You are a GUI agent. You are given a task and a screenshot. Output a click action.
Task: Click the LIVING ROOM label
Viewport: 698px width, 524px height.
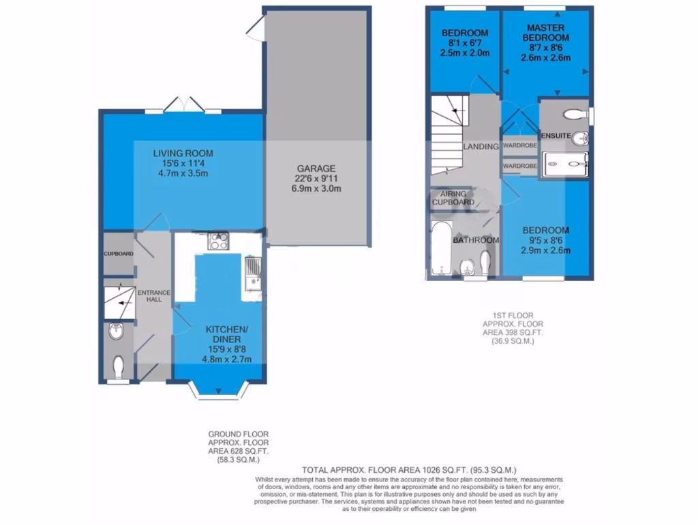pyautogui.click(x=183, y=153)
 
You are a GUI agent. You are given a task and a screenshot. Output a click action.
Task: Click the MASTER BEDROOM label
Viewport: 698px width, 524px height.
pyautogui.click(x=545, y=32)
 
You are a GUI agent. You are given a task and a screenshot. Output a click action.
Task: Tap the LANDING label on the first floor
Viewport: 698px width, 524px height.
pyautogui.click(x=481, y=147)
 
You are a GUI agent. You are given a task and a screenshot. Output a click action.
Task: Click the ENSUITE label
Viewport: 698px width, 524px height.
pyautogui.click(x=556, y=136)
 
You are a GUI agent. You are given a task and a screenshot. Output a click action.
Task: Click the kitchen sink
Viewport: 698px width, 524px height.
pyautogui.click(x=253, y=271)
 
